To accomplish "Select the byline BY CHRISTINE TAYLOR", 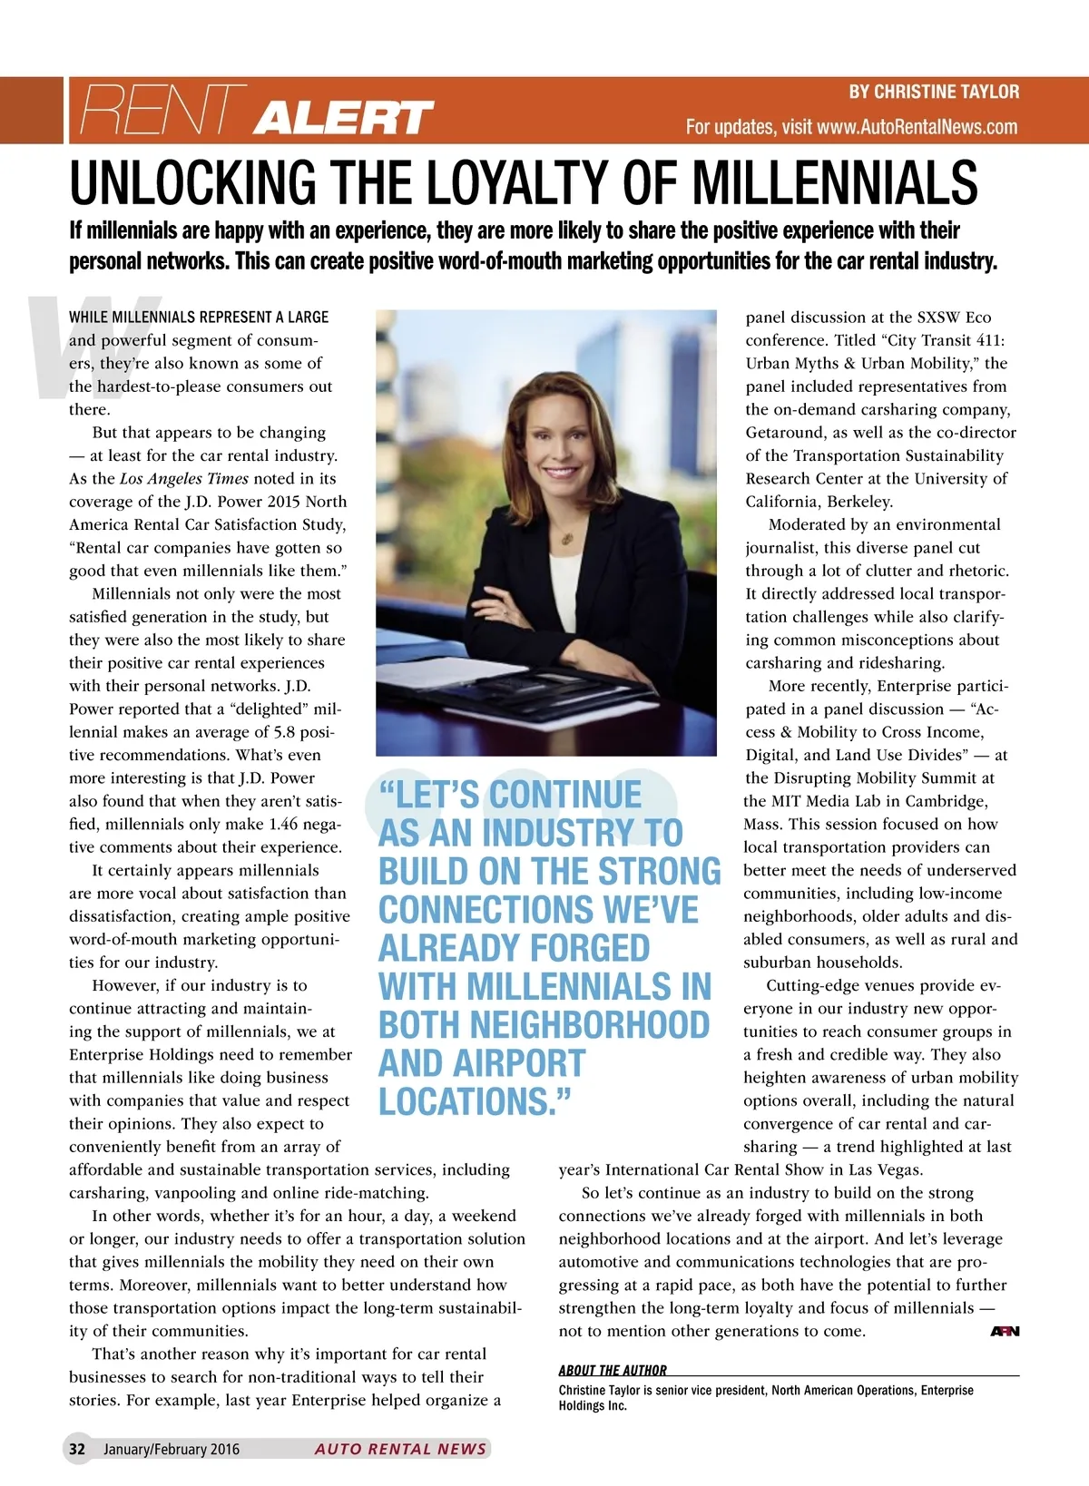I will (934, 92).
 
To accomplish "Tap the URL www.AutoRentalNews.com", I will (917, 127).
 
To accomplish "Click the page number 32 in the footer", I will (77, 1449).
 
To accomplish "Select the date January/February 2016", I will (172, 1449).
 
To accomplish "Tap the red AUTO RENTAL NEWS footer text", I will (400, 1449).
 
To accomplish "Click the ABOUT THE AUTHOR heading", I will (613, 1370).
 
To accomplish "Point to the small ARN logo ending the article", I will (1005, 1331).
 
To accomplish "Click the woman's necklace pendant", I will (568, 538).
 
